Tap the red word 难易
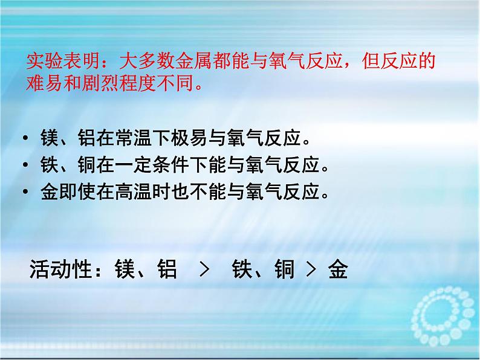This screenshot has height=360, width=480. click(x=42, y=83)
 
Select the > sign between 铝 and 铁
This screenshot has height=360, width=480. click(x=204, y=269)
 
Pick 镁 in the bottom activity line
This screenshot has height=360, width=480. click(x=125, y=269)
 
